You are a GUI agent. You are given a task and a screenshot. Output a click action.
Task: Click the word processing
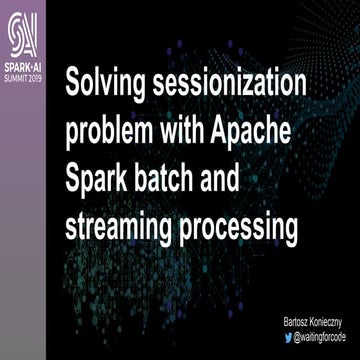(x=241, y=228)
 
